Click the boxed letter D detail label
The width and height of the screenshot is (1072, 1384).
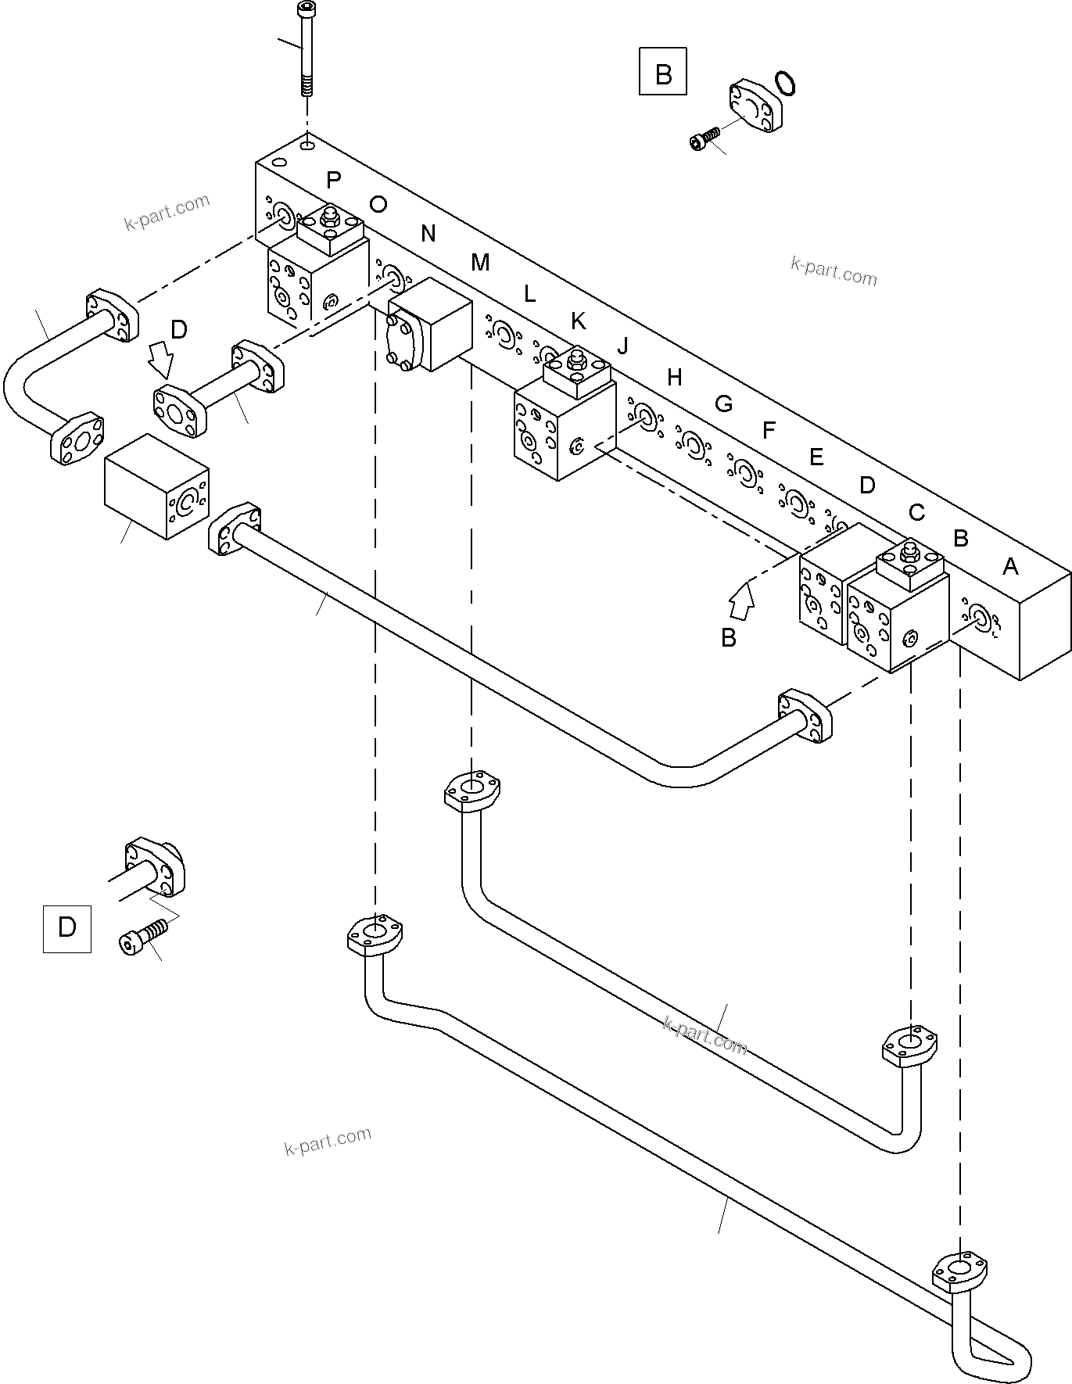click(x=66, y=928)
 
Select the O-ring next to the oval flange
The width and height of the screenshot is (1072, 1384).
click(x=787, y=84)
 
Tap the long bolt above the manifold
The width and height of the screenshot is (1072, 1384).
click(x=304, y=47)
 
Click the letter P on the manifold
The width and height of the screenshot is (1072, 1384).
click(x=334, y=181)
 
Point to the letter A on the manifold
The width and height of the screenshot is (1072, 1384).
click(x=1010, y=566)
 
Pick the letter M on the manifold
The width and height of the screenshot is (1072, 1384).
click(x=480, y=263)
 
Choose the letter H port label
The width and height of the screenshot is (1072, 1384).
click(x=675, y=378)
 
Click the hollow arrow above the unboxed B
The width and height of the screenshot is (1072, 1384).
click(x=742, y=603)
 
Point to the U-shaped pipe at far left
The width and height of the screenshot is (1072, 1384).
click(x=31, y=375)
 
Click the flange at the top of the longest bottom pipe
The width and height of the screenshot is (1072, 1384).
click(x=375, y=934)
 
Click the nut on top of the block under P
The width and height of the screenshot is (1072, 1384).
click(x=328, y=217)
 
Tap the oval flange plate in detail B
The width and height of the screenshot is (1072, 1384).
click(x=755, y=105)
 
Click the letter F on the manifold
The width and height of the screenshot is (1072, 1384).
click(x=769, y=430)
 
